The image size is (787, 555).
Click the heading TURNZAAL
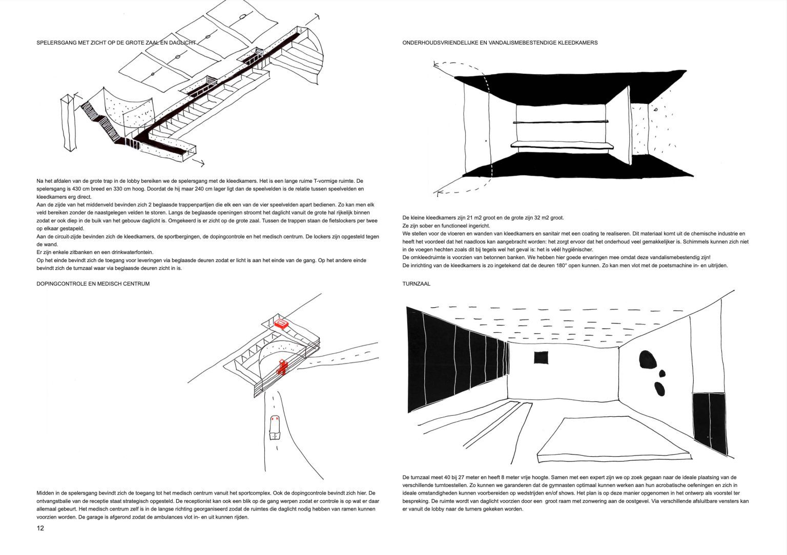pos(416,283)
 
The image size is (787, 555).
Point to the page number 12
pos(40,528)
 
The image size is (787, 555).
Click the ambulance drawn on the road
pos(275,426)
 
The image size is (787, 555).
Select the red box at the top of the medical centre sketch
pos(281,324)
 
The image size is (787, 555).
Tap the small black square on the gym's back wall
pos(541,357)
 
